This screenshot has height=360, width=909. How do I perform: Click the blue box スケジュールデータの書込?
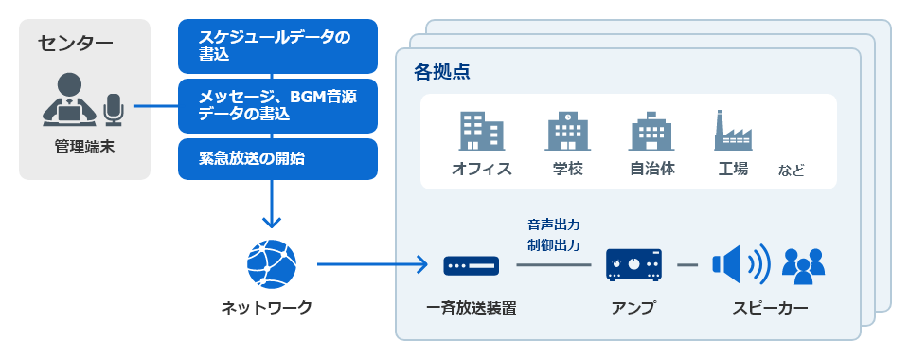277,46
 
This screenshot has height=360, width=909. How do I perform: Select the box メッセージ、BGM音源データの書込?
277,106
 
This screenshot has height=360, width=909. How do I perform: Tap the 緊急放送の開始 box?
277,159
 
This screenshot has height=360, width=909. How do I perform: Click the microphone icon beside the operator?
114,110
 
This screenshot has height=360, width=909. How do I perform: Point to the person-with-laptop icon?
69,99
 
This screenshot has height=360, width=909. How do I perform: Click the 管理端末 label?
84,147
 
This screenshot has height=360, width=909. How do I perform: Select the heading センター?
76,45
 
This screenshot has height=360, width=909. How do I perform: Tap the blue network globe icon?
272,264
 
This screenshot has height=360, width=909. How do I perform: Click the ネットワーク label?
266,307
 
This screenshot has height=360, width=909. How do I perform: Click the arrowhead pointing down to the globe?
272,222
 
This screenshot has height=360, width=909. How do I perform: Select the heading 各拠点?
442,72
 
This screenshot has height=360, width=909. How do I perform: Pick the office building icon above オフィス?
482,131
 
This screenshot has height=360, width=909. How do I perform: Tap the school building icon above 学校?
567,132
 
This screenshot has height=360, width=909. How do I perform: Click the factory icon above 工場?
733,131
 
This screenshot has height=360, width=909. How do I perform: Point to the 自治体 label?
652,169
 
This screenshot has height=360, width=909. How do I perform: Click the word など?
792,171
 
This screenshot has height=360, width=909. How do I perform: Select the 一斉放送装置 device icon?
471,266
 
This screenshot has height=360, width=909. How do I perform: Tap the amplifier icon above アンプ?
634,266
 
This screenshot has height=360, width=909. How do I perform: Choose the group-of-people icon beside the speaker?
803,266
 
